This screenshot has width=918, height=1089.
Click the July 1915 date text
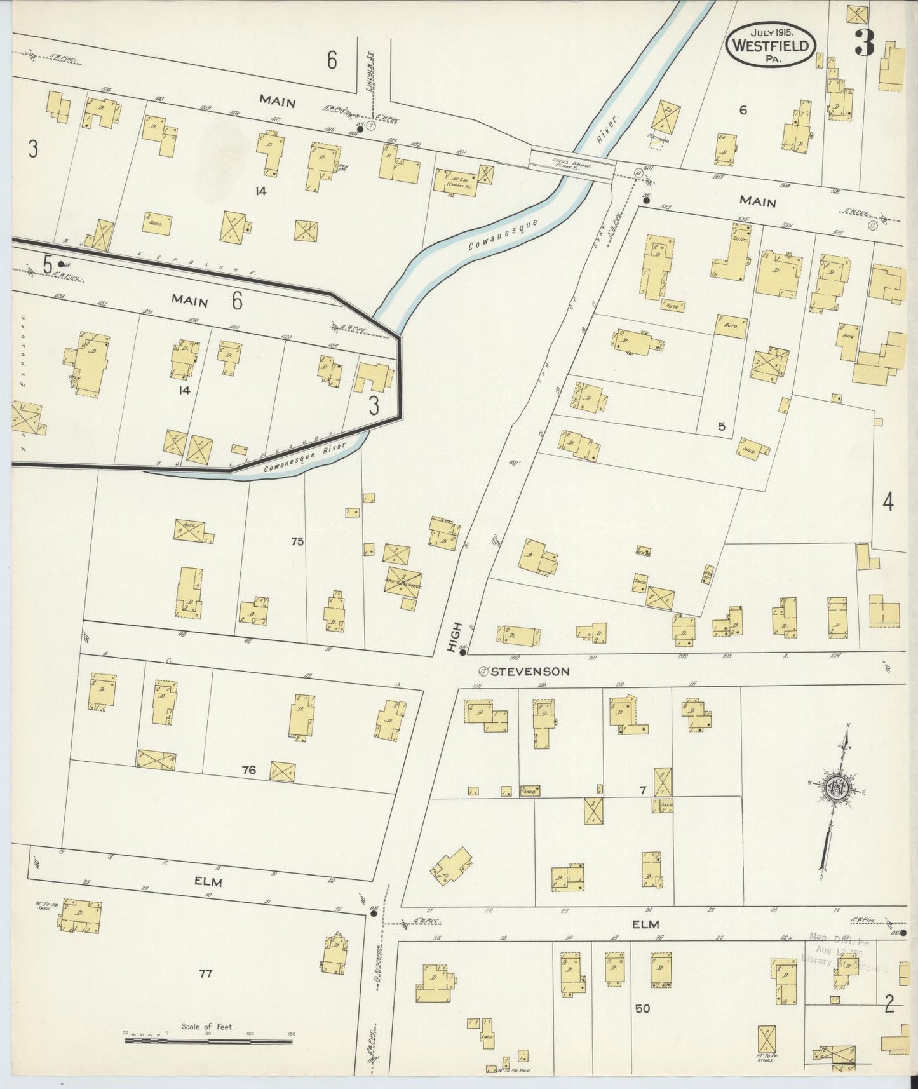tap(771, 31)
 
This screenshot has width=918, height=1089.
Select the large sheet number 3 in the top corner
tap(864, 43)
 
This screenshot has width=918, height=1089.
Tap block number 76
tap(248, 770)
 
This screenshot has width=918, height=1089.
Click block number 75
tap(297, 541)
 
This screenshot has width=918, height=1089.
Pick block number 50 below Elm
tap(642, 1008)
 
